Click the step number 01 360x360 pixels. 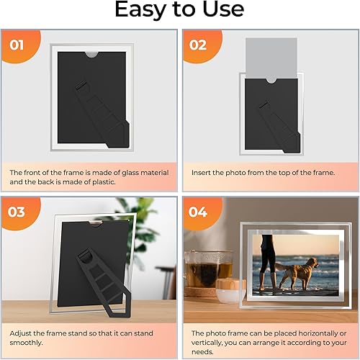[x=17, y=45]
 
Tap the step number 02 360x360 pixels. [x=198, y=45]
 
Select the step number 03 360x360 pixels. [x=16, y=212]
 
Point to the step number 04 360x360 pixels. [x=198, y=212]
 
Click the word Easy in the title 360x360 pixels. [x=139, y=9]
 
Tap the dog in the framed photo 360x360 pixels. [x=297, y=273]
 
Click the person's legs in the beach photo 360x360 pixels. [x=267, y=263]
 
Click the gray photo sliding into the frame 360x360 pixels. [x=271, y=58]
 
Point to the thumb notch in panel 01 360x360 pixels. [x=91, y=55]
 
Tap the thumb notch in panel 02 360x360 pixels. [x=271, y=81]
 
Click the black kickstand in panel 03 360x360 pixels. [x=104, y=283]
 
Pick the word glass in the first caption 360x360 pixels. [x=130, y=173]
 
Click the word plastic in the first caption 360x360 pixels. [x=104, y=182]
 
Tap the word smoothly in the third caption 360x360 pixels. [x=26, y=343]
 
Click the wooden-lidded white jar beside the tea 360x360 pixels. [x=230, y=291]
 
